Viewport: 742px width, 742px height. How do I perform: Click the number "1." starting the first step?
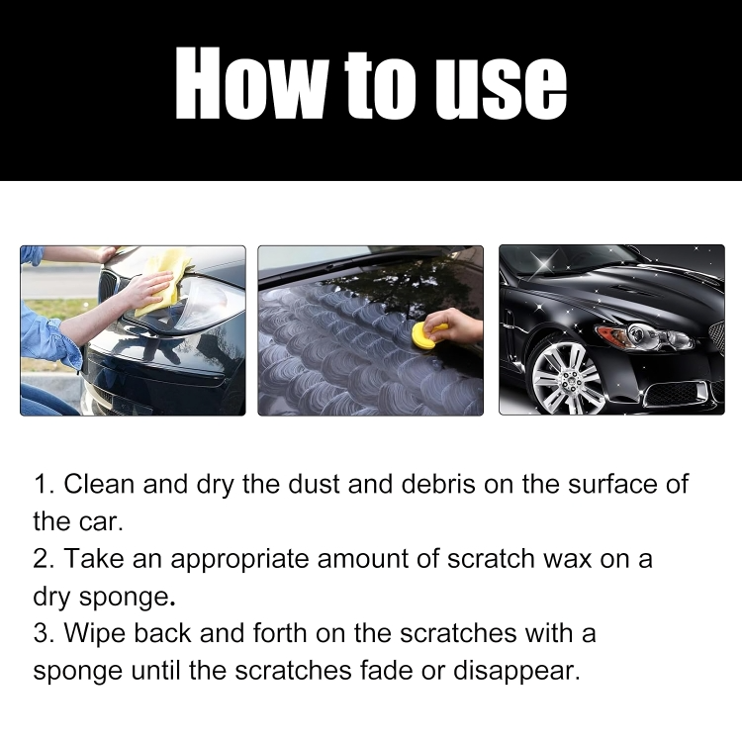click(44, 485)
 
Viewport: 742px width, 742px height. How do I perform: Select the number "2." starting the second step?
click(44, 558)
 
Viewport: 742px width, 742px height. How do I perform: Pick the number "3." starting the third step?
click(44, 632)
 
